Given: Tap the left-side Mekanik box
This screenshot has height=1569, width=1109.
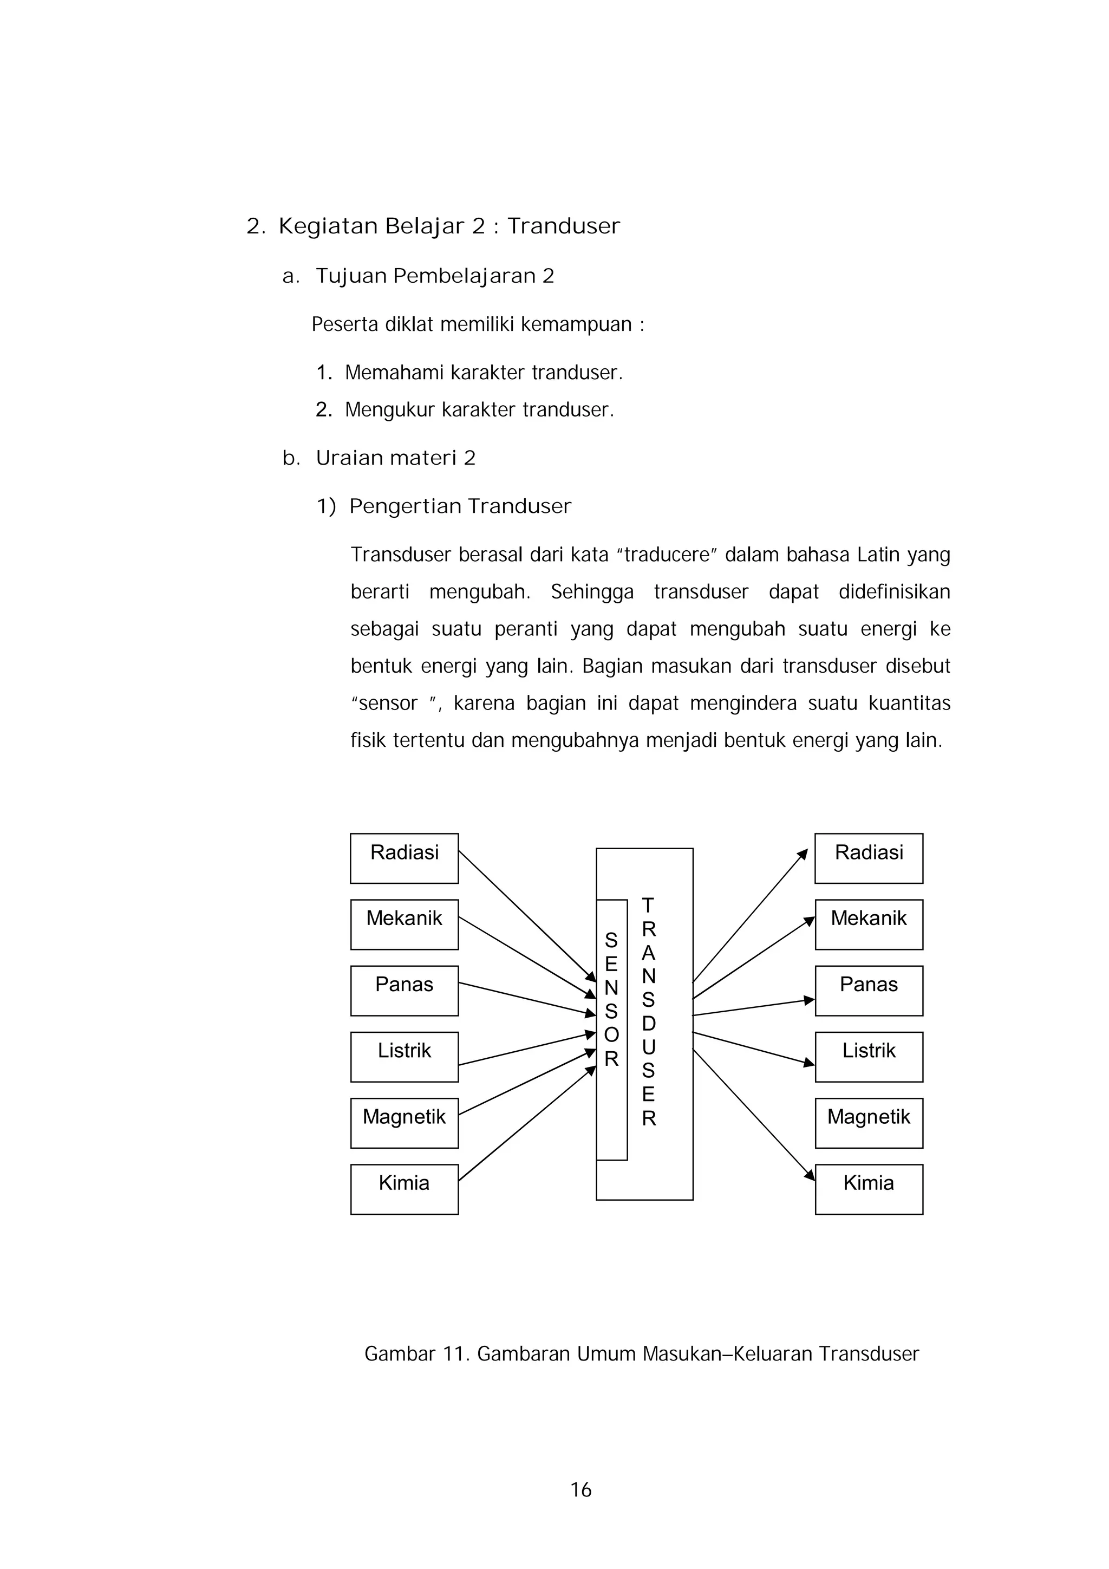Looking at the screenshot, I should [x=404, y=924].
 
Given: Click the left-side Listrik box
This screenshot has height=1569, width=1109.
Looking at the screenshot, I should [x=404, y=1057].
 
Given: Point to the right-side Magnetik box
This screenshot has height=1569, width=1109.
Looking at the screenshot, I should [x=869, y=1123].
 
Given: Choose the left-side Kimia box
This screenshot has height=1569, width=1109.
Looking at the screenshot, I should [x=404, y=1189].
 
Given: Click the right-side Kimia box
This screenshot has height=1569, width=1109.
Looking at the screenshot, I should [x=869, y=1189].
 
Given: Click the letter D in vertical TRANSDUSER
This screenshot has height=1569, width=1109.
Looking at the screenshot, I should [x=649, y=1024].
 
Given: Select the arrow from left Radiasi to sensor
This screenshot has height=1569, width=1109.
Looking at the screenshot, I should [x=526, y=916].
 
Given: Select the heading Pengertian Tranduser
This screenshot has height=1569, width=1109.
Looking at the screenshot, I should [x=460, y=506].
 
